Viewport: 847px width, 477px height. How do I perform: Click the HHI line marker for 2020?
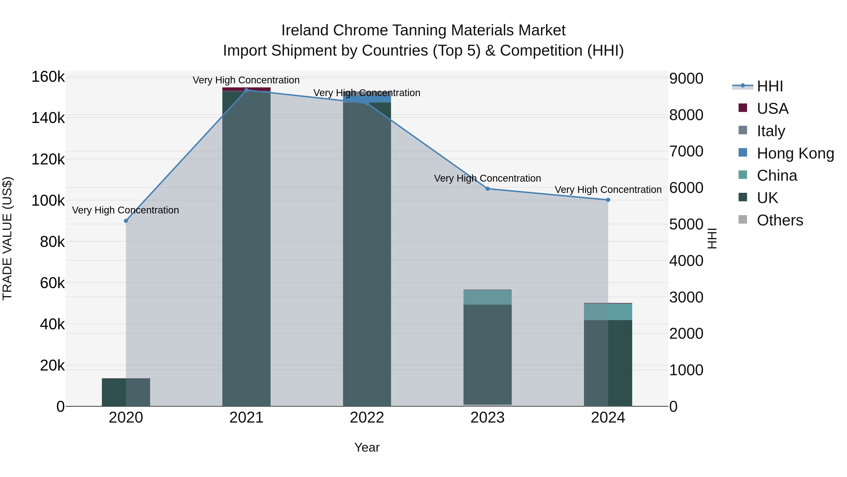[x=126, y=221]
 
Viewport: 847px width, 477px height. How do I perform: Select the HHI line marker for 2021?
[x=247, y=90]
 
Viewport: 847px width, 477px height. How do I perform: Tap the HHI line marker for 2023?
[x=488, y=189]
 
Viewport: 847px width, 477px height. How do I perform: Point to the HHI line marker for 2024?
[x=608, y=200]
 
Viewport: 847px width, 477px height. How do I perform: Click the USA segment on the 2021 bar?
[x=247, y=89]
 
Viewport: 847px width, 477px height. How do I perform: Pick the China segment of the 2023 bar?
[x=488, y=297]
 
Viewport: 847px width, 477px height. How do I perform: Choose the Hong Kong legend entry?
[x=795, y=153]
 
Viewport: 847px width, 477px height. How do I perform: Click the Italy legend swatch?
[x=743, y=130]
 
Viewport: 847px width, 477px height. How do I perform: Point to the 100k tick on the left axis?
[x=48, y=200]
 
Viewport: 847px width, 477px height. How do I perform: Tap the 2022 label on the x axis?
[x=367, y=418]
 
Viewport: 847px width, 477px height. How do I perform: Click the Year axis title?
[x=367, y=447]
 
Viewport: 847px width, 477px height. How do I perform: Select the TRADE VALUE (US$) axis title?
[x=7, y=238]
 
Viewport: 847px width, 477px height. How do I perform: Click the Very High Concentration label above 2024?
[x=608, y=190]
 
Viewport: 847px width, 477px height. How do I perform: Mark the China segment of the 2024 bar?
[x=608, y=311]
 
